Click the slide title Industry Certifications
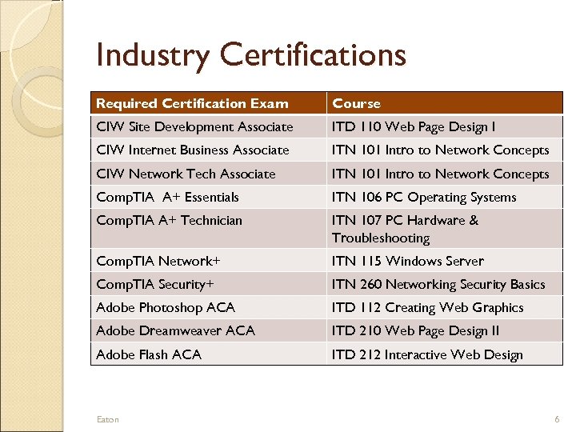(x=250, y=55)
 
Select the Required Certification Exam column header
(x=192, y=103)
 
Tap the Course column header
(x=357, y=103)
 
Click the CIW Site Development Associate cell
(x=194, y=126)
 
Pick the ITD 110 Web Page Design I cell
(x=414, y=126)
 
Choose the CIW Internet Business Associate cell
(x=193, y=150)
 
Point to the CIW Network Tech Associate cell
(x=186, y=174)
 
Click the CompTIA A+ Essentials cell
(x=167, y=197)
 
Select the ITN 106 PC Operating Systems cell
(x=424, y=197)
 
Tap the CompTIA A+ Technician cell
(x=169, y=220)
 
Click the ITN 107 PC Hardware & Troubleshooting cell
(x=405, y=229)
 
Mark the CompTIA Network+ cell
(x=158, y=261)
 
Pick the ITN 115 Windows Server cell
(x=408, y=261)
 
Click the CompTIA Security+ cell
(x=155, y=284)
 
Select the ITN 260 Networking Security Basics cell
(x=438, y=284)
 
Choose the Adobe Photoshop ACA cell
(x=166, y=307)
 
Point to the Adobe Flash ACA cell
(x=149, y=354)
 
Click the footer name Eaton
(x=107, y=419)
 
